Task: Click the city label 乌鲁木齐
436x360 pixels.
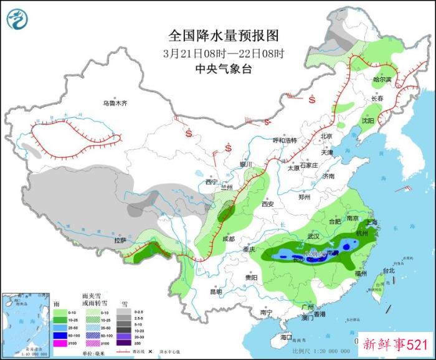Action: (x=115, y=103)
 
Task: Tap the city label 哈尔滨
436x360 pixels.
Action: (x=382, y=80)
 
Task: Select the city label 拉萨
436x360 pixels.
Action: (x=120, y=240)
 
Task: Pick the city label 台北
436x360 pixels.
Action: (x=389, y=271)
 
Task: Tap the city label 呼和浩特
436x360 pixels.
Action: (x=286, y=140)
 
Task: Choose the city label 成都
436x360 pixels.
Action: (x=227, y=239)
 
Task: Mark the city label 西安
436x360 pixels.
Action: (x=268, y=204)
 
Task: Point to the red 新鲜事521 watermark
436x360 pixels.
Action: (x=395, y=344)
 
